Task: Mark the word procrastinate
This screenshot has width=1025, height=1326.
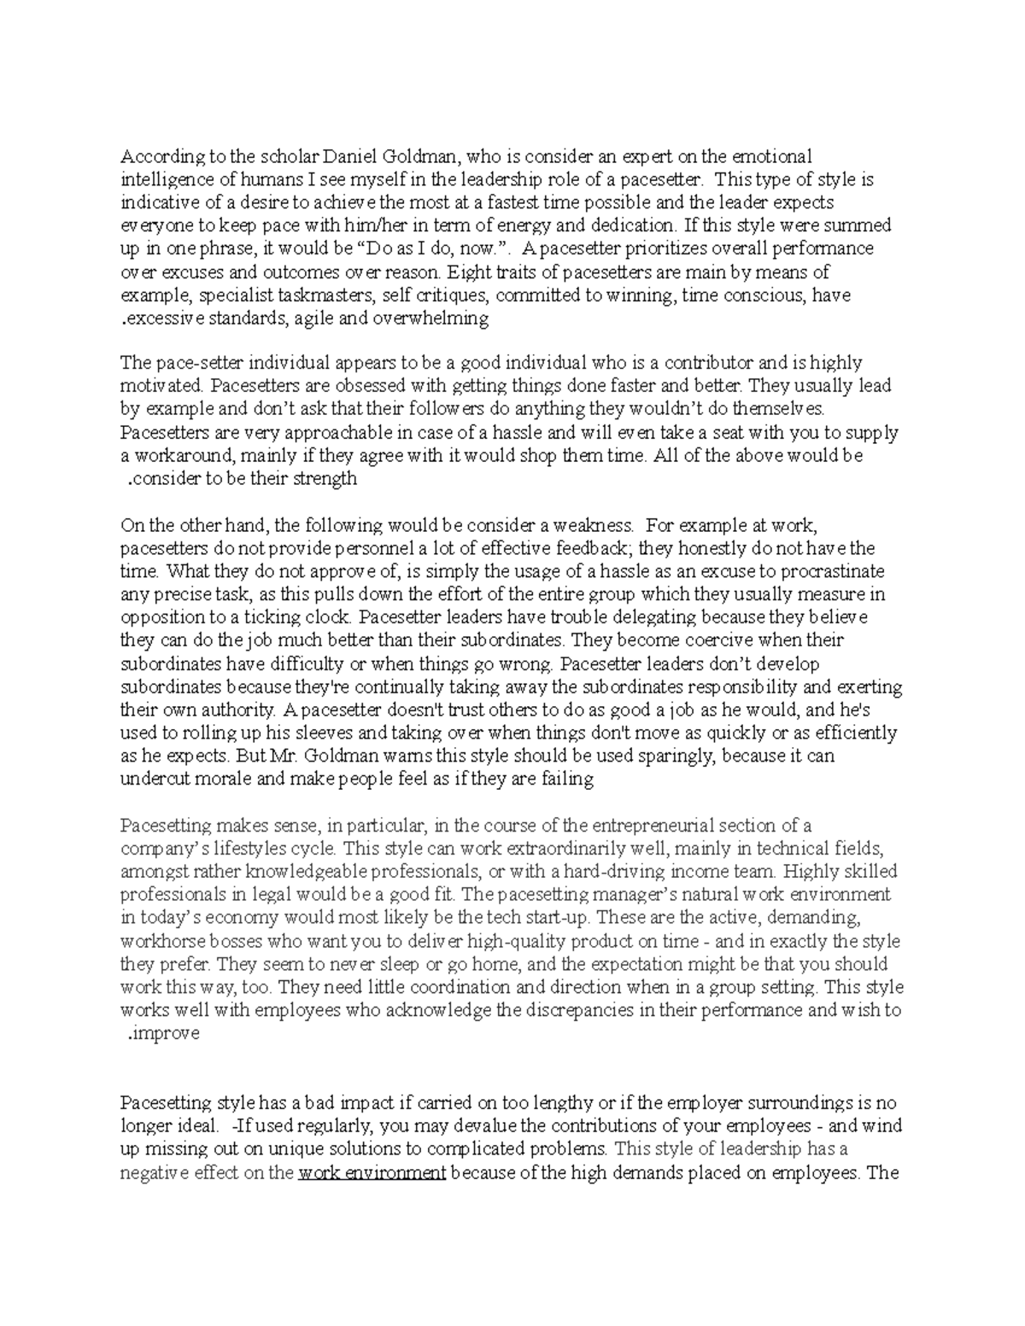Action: click(x=829, y=570)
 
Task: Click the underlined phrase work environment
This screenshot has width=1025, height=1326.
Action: click(x=372, y=1173)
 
